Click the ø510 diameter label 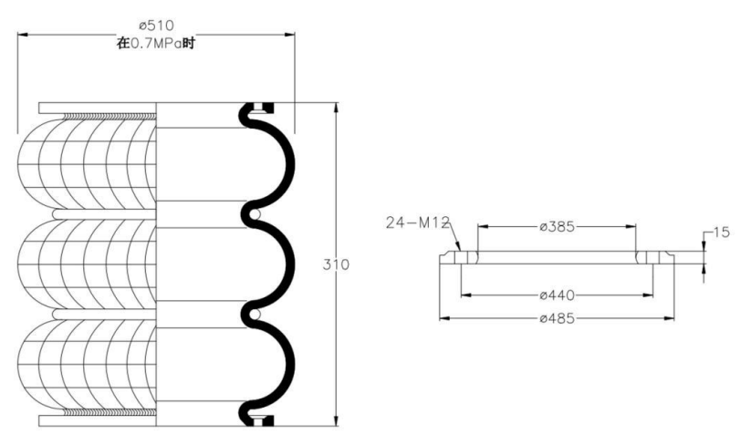(156, 25)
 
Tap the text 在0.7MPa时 (156, 44)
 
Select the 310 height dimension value (336, 264)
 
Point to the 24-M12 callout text (417, 222)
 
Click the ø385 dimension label (558, 227)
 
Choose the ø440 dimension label (558, 295)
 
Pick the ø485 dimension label (558, 318)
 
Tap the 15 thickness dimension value (721, 233)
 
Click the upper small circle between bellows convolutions (255, 214)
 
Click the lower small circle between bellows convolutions (255, 314)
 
